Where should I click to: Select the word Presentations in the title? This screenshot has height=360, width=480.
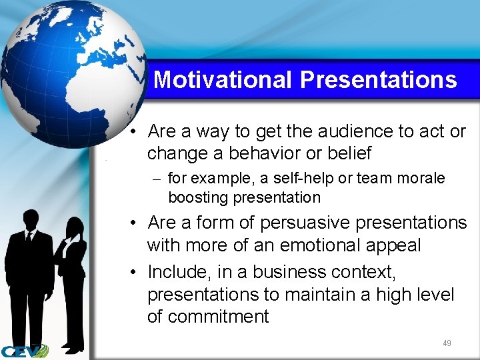pos(378,80)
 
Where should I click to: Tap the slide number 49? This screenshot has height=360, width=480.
pos(447,343)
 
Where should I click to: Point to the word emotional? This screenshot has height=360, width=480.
pos(319,245)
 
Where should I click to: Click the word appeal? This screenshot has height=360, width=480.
pos(394,245)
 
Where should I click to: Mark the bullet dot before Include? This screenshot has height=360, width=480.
pos(135,272)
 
